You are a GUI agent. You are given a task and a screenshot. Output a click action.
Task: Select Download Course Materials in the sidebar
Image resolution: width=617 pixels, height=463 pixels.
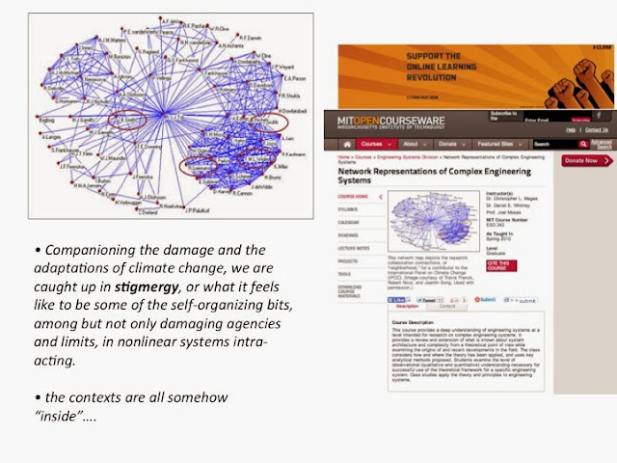(352, 295)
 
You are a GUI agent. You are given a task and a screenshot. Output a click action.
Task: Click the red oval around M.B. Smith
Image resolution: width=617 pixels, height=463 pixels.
(129, 121)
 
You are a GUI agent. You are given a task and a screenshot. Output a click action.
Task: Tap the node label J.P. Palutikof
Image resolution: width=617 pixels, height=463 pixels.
(199, 208)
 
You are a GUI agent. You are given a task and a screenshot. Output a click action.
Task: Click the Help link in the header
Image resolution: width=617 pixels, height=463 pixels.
(570, 129)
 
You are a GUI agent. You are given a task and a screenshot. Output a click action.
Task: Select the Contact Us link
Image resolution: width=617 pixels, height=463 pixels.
(597, 129)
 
